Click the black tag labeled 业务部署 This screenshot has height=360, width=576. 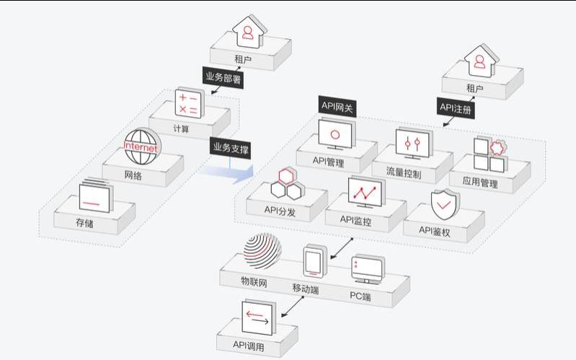click(x=223, y=76)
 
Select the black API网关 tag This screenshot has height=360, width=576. click(x=337, y=105)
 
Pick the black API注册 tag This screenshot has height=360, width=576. click(x=457, y=107)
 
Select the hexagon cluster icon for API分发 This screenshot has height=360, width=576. click(x=283, y=184)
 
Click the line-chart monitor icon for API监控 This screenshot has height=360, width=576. click(x=366, y=192)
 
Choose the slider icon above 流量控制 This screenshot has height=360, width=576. click(x=412, y=143)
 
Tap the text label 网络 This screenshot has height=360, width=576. click(x=133, y=175)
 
